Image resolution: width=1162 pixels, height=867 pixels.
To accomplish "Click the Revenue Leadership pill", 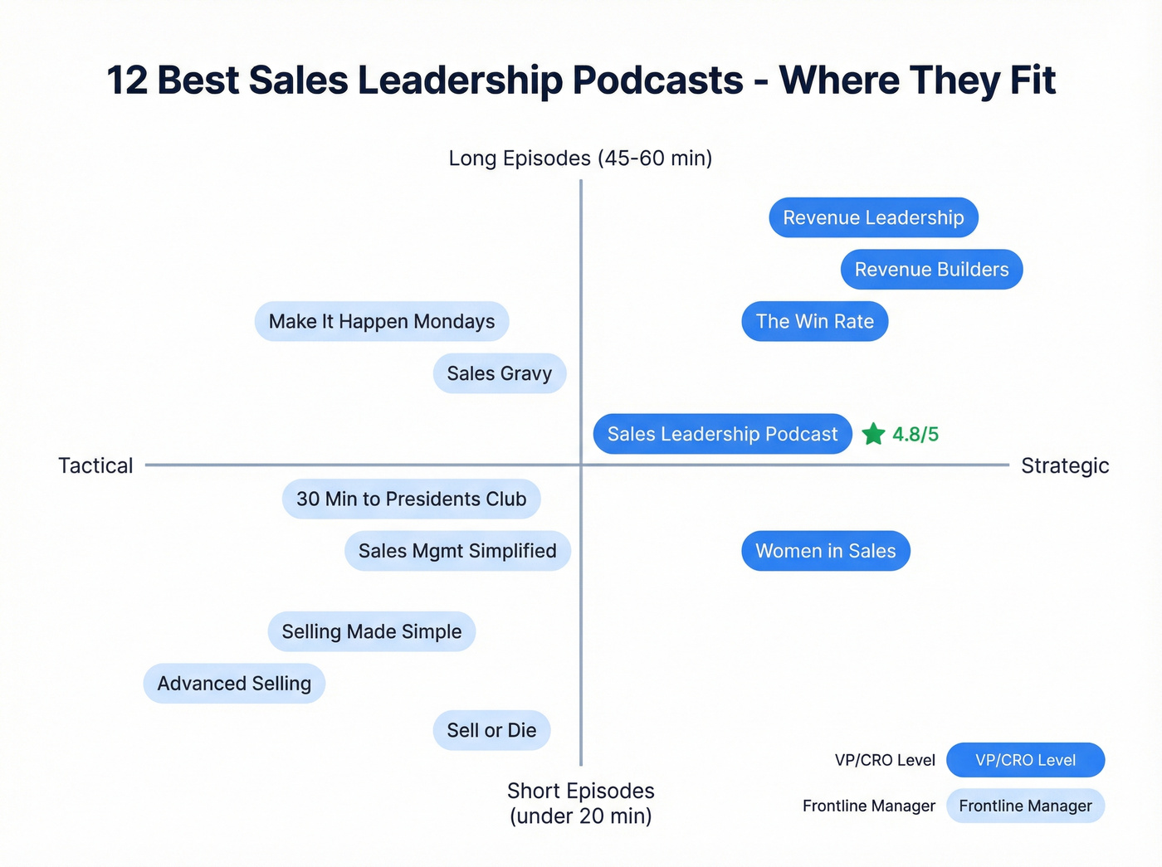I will click(873, 217).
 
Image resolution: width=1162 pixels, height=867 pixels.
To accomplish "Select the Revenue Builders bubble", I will click(931, 270).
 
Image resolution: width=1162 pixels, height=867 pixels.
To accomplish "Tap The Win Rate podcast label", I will click(814, 321).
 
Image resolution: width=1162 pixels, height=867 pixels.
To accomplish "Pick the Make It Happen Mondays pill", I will click(381, 321).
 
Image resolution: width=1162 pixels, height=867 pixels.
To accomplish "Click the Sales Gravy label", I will click(499, 373).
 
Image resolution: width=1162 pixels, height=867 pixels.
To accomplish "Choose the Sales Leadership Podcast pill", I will click(722, 434).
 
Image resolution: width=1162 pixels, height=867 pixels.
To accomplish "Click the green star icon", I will click(873, 434).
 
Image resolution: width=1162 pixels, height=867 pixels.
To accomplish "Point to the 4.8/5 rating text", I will click(915, 434).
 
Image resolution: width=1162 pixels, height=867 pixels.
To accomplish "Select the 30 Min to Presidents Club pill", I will click(411, 499).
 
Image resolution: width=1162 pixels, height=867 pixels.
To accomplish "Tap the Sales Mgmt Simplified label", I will click(457, 551).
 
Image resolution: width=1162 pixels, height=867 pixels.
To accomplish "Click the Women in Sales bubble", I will click(825, 551).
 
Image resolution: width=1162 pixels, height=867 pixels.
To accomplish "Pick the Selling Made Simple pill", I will click(371, 631).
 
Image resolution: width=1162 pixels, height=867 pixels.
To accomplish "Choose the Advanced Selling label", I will click(234, 684).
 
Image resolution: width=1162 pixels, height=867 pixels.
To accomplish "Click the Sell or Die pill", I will click(491, 730).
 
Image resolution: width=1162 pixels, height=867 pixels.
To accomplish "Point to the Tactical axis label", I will click(95, 465).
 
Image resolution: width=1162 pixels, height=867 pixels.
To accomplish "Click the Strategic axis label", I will click(1065, 465).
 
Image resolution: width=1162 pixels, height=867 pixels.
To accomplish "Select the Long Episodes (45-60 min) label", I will click(580, 158).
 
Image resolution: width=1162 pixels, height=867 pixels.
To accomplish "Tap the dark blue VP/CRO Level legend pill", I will click(1025, 760).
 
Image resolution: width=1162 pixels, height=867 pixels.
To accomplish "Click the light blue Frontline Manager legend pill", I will click(1025, 806).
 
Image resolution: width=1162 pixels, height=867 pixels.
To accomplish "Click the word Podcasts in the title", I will click(658, 80).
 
